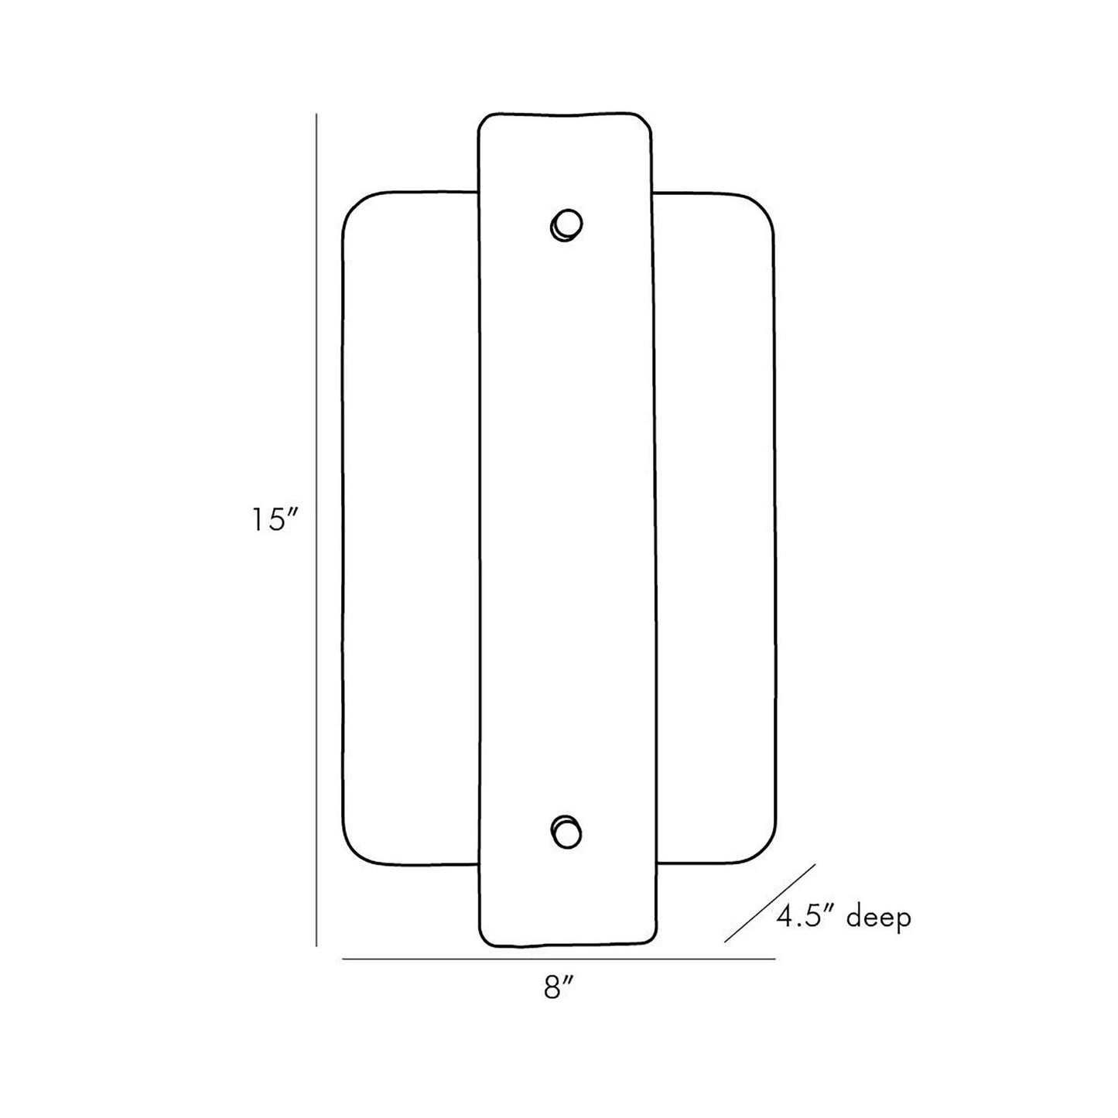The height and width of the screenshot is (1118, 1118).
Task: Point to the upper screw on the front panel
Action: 566,224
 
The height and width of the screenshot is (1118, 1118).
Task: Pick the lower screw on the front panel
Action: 566,833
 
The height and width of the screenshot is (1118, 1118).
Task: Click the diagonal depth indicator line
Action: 770,902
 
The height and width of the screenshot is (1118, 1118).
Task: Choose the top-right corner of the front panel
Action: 645,121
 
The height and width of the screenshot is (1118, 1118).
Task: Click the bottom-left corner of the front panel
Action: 485,939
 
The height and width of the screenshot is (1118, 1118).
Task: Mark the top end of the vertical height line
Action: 316,115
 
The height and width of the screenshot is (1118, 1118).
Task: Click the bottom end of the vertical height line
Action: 316,945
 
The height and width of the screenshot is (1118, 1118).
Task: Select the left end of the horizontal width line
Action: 343,959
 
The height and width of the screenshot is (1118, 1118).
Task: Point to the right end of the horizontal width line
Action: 775,959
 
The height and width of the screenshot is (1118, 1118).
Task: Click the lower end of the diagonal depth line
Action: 725,942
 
